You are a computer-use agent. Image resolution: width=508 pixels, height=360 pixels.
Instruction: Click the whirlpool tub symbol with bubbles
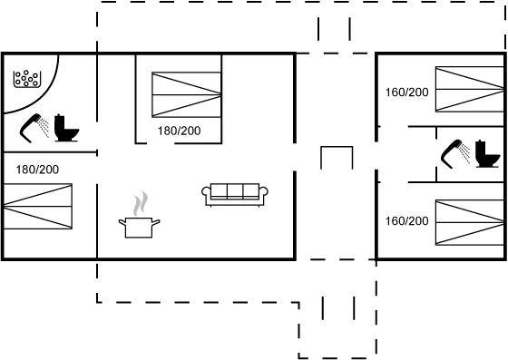click(x=27, y=79)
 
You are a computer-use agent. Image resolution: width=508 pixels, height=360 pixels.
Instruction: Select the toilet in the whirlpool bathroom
click(x=66, y=128)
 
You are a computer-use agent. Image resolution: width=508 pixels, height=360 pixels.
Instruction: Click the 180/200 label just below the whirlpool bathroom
click(x=37, y=170)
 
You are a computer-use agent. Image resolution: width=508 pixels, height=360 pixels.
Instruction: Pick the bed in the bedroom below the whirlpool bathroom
click(x=37, y=206)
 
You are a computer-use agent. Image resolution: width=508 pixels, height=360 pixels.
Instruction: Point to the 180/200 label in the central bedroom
click(x=180, y=131)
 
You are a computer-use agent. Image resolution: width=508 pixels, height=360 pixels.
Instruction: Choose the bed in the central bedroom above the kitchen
click(x=187, y=94)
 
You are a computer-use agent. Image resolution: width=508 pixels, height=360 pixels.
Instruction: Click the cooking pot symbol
click(x=139, y=228)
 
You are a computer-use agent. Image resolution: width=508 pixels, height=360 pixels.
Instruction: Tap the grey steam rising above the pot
click(x=141, y=203)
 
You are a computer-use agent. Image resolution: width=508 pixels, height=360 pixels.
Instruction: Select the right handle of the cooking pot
click(x=156, y=222)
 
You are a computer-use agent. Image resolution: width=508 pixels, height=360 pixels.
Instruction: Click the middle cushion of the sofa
click(x=235, y=190)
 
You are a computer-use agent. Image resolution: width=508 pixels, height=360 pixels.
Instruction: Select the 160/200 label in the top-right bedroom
click(x=407, y=92)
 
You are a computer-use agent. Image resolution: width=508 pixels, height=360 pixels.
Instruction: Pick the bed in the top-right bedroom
click(x=470, y=89)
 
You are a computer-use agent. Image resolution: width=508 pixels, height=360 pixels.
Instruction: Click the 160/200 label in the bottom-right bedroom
click(x=407, y=221)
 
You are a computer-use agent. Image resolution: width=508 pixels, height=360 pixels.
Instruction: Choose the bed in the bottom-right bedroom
click(x=470, y=223)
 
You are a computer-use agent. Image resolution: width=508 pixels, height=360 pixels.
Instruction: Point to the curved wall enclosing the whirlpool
click(x=46, y=95)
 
